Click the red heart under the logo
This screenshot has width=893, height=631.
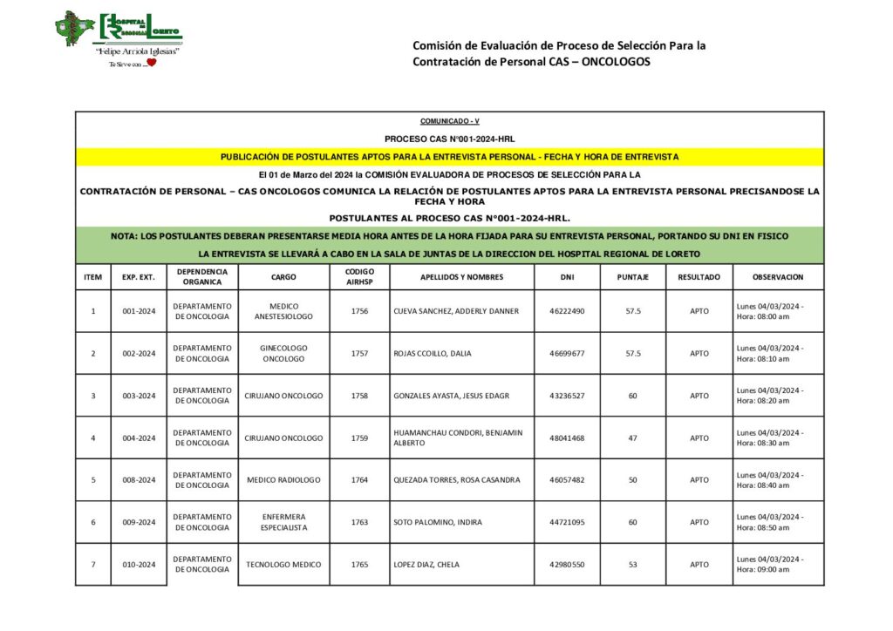pyautogui.click(x=150, y=63)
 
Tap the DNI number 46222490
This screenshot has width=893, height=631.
pyautogui.click(x=567, y=311)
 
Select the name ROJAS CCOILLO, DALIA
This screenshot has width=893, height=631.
pyautogui.click(x=433, y=353)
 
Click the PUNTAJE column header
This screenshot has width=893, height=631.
pyautogui.click(x=632, y=277)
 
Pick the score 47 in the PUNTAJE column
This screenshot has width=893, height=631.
pyautogui.click(x=632, y=438)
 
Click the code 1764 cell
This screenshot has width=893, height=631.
pyautogui.click(x=359, y=480)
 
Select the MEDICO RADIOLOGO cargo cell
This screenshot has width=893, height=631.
pyautogui.click(x=283, y=480)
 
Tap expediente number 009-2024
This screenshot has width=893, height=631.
pyautogui.click(x=139, y=522)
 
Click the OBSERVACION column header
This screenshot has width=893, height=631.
pyautogui.click(x=778, y=277)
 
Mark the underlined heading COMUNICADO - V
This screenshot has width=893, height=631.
pyautogui.click(x=449, y=121)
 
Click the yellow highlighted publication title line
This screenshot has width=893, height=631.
pyautogui.click(x=449, y=157)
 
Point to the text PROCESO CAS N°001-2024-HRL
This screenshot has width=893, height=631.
pyautogui.click(x=449, y=139)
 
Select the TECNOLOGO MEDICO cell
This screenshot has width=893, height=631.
pyautogui.click(x=283, y=565)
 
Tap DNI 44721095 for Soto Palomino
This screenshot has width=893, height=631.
pyautogui.click(x=567, y=522)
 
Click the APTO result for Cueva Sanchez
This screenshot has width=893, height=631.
pyautogui.click(x=699, y=311)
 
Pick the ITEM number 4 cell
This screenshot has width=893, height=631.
pyautogui.click(x=93, y=438)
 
